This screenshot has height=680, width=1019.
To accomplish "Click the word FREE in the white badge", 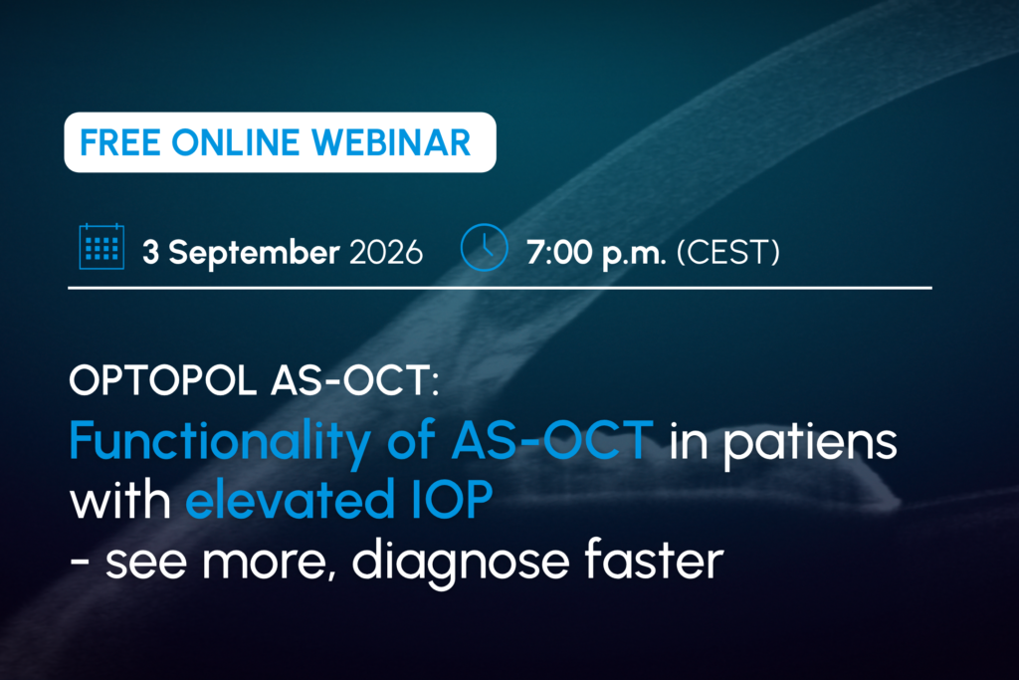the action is pyautogui.click(x=119, y=142).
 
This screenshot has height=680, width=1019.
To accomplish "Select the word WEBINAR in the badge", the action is pyautogui.click(x=391, y=142).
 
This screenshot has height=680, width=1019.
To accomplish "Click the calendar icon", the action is pyautogui.click(x=102, y=246).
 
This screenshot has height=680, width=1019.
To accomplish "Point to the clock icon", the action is pyautogui.click(x=485, y=247).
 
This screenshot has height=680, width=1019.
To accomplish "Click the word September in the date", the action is pyautogui.click(x=254, y=253).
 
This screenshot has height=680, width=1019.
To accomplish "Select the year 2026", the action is pyautogui.click(x=386, y=252).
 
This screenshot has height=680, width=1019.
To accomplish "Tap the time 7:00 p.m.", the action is pyautogui.click(x=597, y=253).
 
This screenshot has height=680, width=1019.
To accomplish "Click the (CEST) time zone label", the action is pyautogui.click(x=727, y=252).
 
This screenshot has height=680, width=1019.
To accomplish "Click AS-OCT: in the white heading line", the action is pyautogui.click(x=355, y=380).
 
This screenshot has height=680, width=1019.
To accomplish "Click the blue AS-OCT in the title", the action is pyautogui.click(x=552, y=440).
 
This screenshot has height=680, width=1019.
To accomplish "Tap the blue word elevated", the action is pyautogui.click(x=291, y=499).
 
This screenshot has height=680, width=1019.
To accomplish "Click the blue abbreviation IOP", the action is pyautogui.click(x=453, y=499).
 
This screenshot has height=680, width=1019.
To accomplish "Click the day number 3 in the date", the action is pyautogui.click(x=151, y=252).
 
